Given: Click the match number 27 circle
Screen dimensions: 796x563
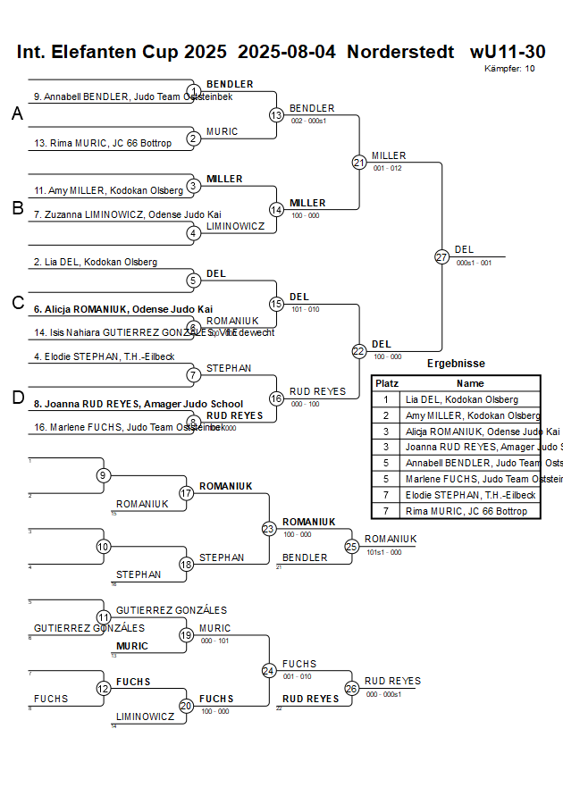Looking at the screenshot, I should (441, 256).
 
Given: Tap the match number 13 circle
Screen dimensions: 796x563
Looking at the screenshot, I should (276, 115).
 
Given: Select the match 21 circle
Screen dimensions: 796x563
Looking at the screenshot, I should (359, 163).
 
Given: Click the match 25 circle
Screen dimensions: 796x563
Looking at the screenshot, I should (352, 546).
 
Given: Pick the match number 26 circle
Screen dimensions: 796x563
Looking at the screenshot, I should (352, 688).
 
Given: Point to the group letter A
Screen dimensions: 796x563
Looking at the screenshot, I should (17, 114).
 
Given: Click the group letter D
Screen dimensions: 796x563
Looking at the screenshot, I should (17, 398).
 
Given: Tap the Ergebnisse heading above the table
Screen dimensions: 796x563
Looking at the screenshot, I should (456, 364).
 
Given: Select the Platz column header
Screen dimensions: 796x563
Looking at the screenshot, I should (386, 383).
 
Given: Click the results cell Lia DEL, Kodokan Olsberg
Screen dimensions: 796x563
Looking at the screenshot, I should (460, 399).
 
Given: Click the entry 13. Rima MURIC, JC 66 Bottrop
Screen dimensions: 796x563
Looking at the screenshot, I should (103, 143).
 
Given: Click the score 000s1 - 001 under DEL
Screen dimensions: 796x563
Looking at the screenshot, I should (474, 263).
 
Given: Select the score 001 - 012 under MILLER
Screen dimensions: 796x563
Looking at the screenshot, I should (387, 168).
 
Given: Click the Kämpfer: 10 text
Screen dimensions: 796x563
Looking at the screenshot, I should (510, 68).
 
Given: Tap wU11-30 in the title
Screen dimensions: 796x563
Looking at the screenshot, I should (508, 52).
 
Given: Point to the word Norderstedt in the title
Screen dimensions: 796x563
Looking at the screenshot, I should (400, 52).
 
